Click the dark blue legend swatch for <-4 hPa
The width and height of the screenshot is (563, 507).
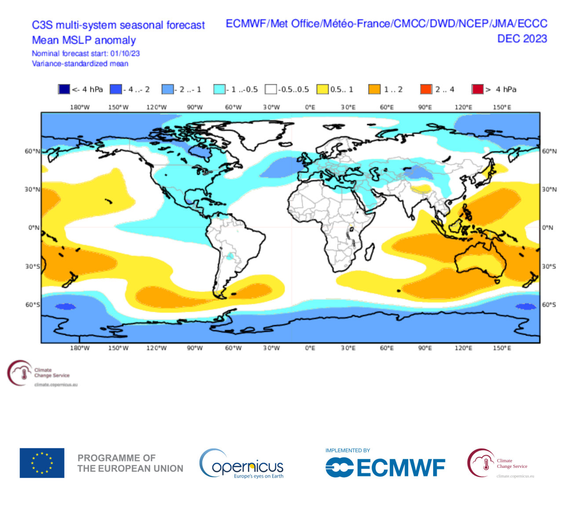(x=64, y=89)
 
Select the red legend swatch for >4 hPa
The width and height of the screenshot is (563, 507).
(x=477, y=89)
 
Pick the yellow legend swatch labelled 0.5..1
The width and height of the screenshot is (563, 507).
(x=322, y=89)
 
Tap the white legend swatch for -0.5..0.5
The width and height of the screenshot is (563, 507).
(x=271, y=89)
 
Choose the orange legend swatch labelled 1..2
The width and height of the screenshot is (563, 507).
(x=374, y=89)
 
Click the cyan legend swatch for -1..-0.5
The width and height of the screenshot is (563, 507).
(x=219, y=89)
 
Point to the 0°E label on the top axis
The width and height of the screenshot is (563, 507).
(x=310, y=107)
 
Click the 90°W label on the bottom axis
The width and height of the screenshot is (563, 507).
(x=195, y=348)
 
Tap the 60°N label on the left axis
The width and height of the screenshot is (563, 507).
(x=32, y=151)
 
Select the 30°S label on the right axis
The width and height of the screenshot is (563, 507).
(x=549, y=266)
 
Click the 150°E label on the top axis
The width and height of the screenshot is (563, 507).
(x=502, y=107)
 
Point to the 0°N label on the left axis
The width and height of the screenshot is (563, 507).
(x=34, y=228)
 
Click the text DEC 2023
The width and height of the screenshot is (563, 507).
(x=522, y=39)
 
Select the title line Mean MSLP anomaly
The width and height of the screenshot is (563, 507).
(x=84, y=40)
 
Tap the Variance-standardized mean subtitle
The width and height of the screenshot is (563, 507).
(x=80, y=64)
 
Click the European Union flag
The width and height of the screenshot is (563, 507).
(x=42, y=463)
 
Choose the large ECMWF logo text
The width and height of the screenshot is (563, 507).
(x=400, y=468)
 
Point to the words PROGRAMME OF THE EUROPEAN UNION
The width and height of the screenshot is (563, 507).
(x=130, y=463)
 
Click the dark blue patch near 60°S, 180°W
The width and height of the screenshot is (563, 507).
(x=65, y=306)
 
